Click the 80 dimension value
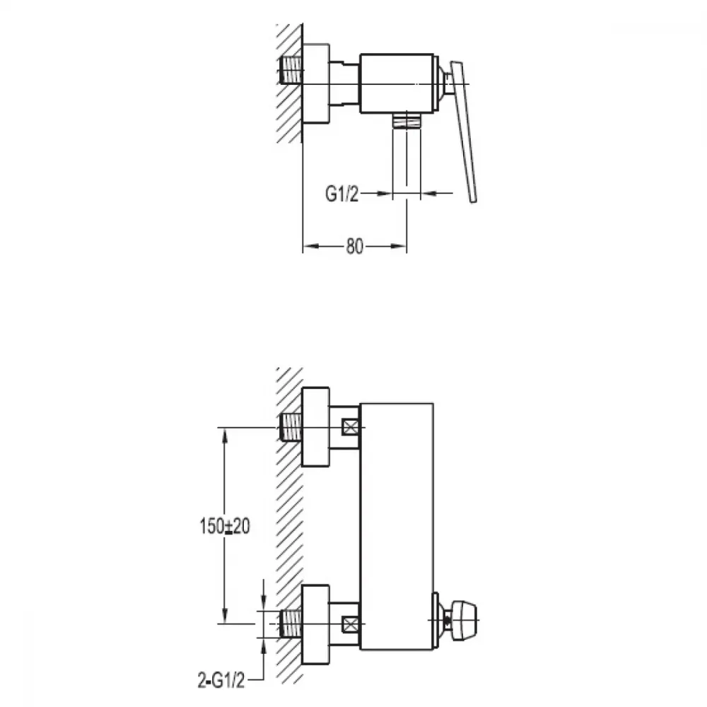pos(354,246)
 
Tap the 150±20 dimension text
pos(225,526)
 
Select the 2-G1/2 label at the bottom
pos(221,680)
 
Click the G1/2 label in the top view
pos(341,194)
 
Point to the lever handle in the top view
pos(463,132)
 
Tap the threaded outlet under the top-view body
pos(407,121)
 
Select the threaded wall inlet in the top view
pos(291,70)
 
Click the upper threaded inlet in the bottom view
pos(291,427)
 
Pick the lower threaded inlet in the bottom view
pos(291,624)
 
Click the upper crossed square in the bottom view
pos(351,427)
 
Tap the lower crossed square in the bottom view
pos(351,624)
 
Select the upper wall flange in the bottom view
pos(315,426)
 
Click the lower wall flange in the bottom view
pos(315,624)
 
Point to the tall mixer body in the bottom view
pos(397,526)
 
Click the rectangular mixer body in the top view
pos(397,83)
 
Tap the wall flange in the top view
pos(315,83)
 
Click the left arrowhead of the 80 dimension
pos(310,246)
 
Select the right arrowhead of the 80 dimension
pos(399,246)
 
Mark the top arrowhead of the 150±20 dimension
pos(225,435)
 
